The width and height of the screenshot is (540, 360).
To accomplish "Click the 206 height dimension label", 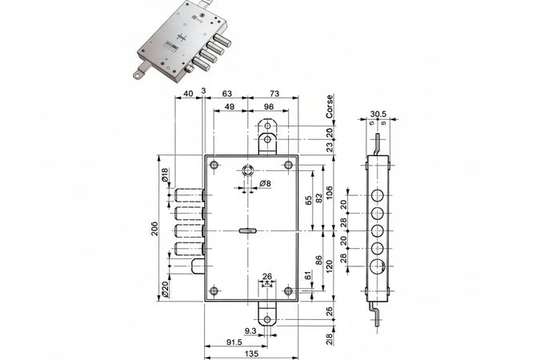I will pyautogui.click(x=154, y=229).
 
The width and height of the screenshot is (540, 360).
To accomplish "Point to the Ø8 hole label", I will pyautogui.click(x=266, y=185).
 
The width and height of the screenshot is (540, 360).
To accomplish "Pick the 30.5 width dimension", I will pyautogui.click(x=380, y=114).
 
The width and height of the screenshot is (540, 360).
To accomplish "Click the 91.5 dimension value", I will pyautogui.click(x=234, y=342).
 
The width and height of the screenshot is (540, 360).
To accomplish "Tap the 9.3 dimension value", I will pyautogui.click(x=250, y=330).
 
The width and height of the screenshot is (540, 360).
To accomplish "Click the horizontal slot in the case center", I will pyautogui.click(x=247, y=230).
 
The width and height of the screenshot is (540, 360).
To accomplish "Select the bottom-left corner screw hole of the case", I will pyautogui.click(x=214, y=291).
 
